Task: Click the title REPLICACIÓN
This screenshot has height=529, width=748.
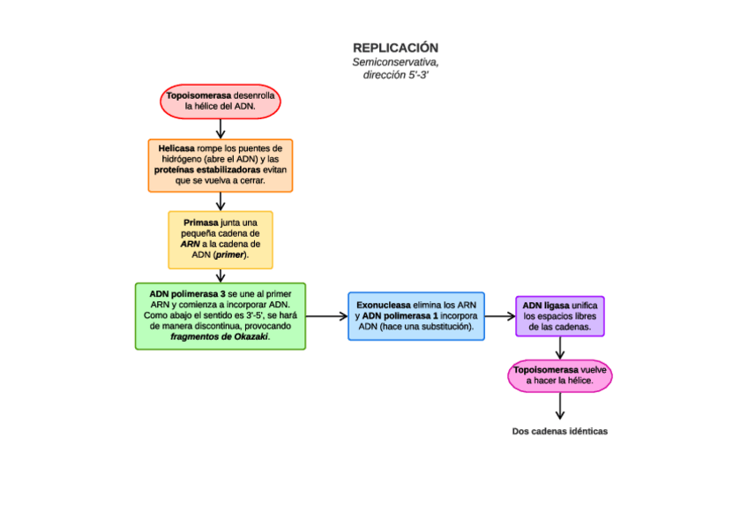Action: tap(395, 48)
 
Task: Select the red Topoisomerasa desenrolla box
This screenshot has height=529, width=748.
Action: tap(221, 101)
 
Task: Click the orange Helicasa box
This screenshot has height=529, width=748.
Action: tap(221, 165)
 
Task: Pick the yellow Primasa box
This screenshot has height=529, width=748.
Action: tap(221, 239)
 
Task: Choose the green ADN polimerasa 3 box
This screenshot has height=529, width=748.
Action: tap(221, 316)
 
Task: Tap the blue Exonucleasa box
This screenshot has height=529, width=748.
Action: tap(416, 316)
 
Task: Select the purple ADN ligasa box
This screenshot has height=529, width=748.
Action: tap(559, 316)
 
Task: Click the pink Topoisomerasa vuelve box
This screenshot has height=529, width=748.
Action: tap(560, 375)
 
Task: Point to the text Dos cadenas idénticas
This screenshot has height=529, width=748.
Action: tap(560, 432)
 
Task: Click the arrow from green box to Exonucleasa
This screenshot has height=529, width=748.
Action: tap(326, 316)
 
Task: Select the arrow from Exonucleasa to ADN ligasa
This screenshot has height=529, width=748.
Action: tap(500, 316)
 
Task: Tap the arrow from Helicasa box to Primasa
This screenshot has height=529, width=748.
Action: tap(221, 201)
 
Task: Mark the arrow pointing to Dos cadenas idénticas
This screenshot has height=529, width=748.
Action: tap(560, 406)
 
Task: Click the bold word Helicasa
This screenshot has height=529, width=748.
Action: tap(176, 148)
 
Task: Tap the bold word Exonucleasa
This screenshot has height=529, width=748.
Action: tap(384, 305)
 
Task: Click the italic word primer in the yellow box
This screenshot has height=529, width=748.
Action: tap(229, 254)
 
